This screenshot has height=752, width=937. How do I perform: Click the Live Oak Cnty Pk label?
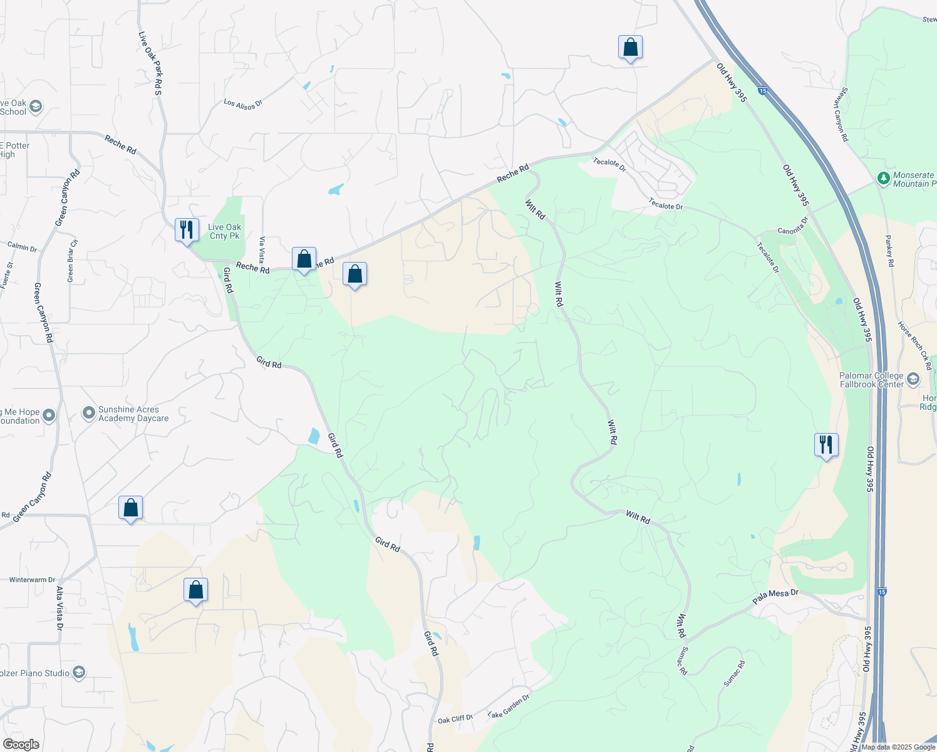click(224, 231)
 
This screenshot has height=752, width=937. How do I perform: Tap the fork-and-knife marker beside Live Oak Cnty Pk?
click(187, 230)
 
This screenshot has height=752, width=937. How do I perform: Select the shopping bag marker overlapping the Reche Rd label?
click(304, 259)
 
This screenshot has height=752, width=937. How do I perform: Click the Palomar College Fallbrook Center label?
click(871, 380)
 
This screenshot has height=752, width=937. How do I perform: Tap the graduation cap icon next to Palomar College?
click(913, 379)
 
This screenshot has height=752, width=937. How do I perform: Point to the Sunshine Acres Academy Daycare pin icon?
click(88, 414)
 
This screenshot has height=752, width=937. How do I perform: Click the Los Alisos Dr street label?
click(243, 104)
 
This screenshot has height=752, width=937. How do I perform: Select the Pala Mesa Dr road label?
click(775, 597)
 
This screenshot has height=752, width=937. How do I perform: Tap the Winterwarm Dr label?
click(32, 580)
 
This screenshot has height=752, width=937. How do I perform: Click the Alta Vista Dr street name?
click(60, 608)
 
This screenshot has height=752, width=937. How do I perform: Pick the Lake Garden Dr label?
click(509, 706)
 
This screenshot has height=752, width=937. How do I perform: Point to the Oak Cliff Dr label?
click(455, 719)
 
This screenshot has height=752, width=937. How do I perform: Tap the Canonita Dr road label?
click(793, 226)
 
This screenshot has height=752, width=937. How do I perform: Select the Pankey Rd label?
click(889, 251)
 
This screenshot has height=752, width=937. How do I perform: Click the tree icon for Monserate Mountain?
click(884, 179)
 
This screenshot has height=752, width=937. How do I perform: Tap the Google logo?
click(21, 744)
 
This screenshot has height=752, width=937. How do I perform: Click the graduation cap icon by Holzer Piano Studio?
click(79, 673)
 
